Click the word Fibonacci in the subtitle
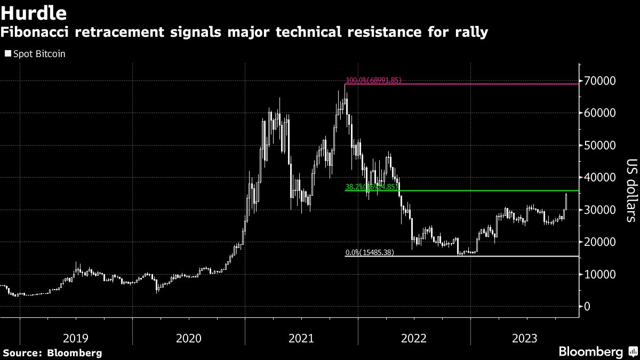(x=36, y=33)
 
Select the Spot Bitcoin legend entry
(x=35, y=54)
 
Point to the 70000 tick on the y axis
(x=601, y=81)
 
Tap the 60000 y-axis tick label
(x=601, y=113)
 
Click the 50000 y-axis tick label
(x=601, y=146)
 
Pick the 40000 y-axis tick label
(x=601, y=178)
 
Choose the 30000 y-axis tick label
(x=601, y=210)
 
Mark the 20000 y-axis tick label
(x=601, y=242)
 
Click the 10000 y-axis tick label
(x=601, y=274)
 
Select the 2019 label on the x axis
(x=76, y=338)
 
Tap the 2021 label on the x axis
(x=301, y=338)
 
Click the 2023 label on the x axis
(x=527, y=338)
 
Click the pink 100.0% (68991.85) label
(x=373, y=81)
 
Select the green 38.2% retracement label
(x=371, y=187)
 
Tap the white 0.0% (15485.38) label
(x=370, y=252)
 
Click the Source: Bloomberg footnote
(x=52, y=353)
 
